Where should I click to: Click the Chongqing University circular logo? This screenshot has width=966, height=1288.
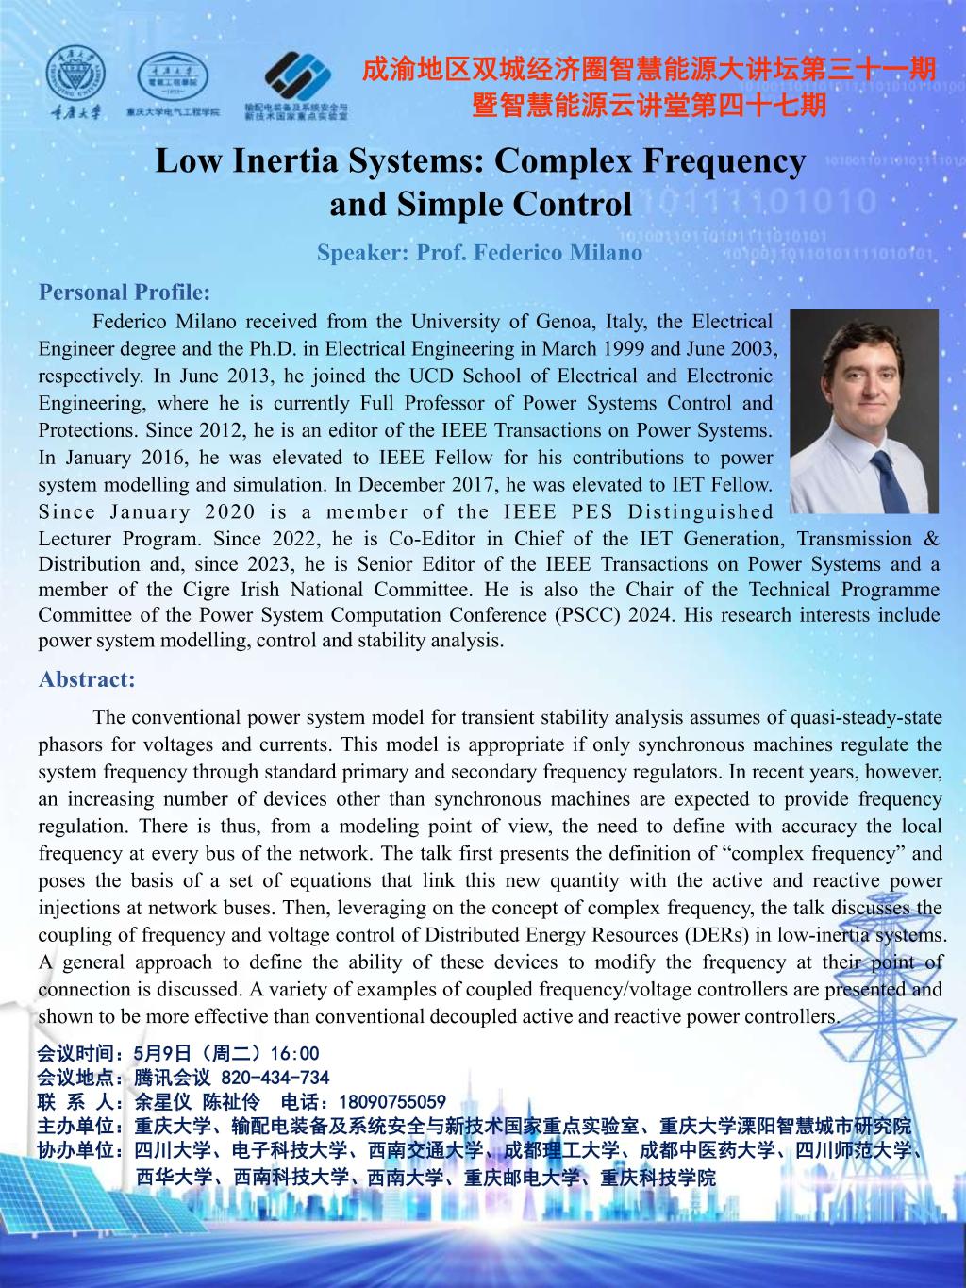coord(76,71)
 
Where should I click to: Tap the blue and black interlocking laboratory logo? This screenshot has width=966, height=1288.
coord(296,76)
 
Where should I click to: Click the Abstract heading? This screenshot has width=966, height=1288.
coord(87,679)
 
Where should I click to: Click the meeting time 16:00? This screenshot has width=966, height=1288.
coord(294,1054)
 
